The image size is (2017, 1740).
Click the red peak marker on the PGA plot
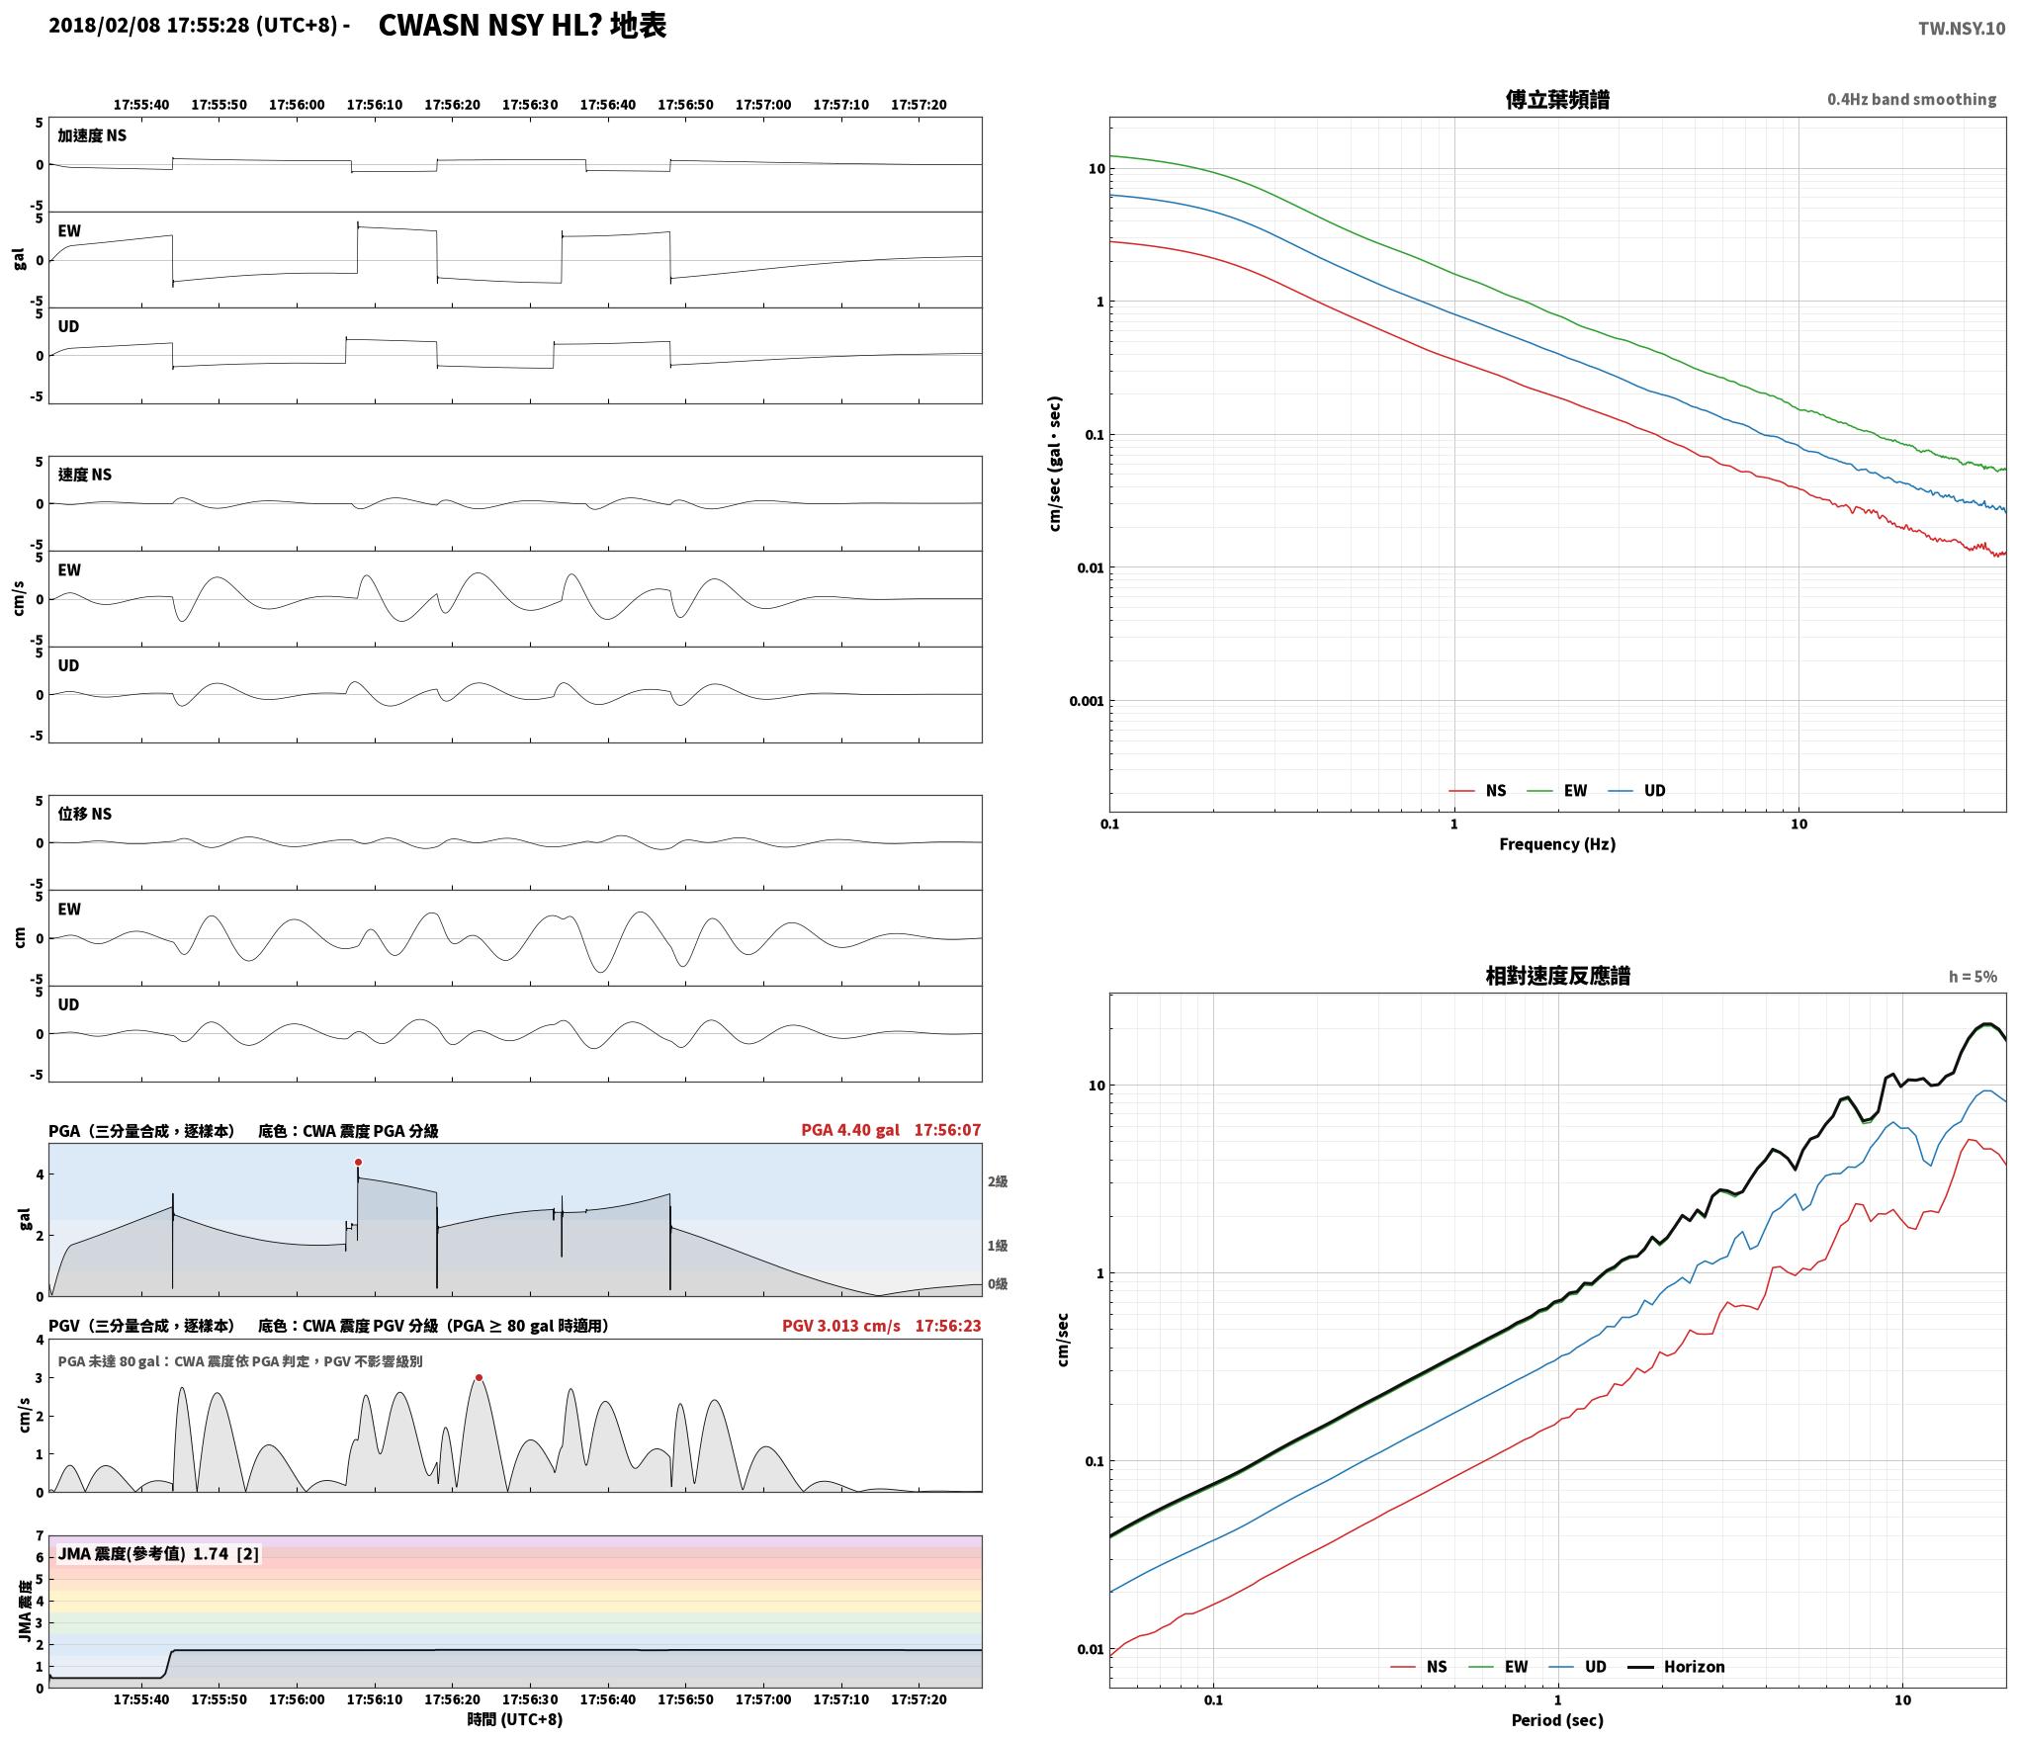pos(358,1162)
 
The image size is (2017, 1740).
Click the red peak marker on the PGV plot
pos(479,1377)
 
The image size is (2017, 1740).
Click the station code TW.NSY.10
pos(1962,29)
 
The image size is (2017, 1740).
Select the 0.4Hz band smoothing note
pos(1911,99)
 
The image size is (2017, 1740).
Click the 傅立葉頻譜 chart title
pos(1557,99)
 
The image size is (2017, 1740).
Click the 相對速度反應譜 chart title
pos(1557,976)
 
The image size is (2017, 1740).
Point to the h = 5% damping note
pos(1973,977)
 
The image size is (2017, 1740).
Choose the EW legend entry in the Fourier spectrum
pos(1557,791)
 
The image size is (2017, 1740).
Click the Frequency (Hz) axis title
pos(1557,843)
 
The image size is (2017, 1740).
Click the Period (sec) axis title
pos(1557,1720)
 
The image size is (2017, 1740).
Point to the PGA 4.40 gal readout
pos(850,1130)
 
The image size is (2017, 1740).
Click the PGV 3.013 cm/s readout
pos(841,1326)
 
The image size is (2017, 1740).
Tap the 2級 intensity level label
pos(997,1181)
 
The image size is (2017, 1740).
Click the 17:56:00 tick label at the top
pos(297,105)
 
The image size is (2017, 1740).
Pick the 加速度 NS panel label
pos(92,135)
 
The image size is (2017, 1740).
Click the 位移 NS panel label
pos(85,814)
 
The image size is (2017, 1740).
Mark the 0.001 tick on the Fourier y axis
pos(1086,701)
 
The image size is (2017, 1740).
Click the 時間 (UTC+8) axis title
pos(515,1719)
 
